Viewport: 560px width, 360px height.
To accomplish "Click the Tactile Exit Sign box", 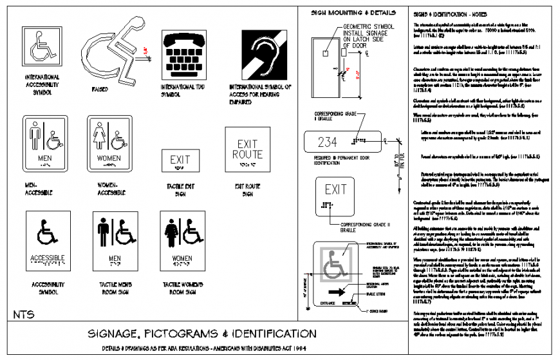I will point(180,161).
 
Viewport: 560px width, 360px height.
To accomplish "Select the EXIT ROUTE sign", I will point(248,150).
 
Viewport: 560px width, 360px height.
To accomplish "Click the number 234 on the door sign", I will point(328,142).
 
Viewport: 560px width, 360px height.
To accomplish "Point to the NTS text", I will point(24,314).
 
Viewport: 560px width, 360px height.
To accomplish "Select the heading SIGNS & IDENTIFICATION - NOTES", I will point(450,14).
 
